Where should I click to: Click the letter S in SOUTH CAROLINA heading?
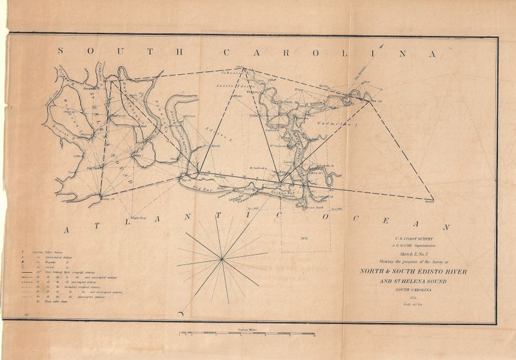click(x=61, y=52)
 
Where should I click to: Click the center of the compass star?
click(x=221, y=259)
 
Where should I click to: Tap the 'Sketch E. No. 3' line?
click(x=404, y=254)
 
